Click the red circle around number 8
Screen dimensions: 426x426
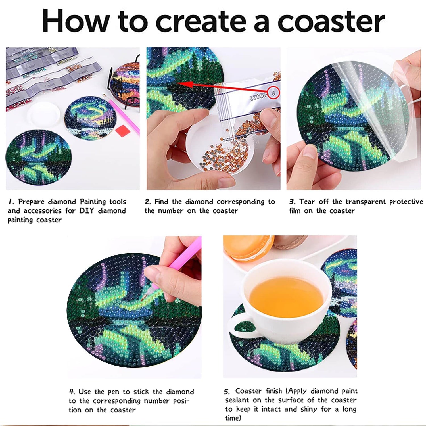pos(273,93)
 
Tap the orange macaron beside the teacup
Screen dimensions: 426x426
pos(248,247)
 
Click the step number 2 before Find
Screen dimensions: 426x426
pos(148,202)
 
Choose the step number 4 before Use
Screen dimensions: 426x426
pos(72,392)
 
